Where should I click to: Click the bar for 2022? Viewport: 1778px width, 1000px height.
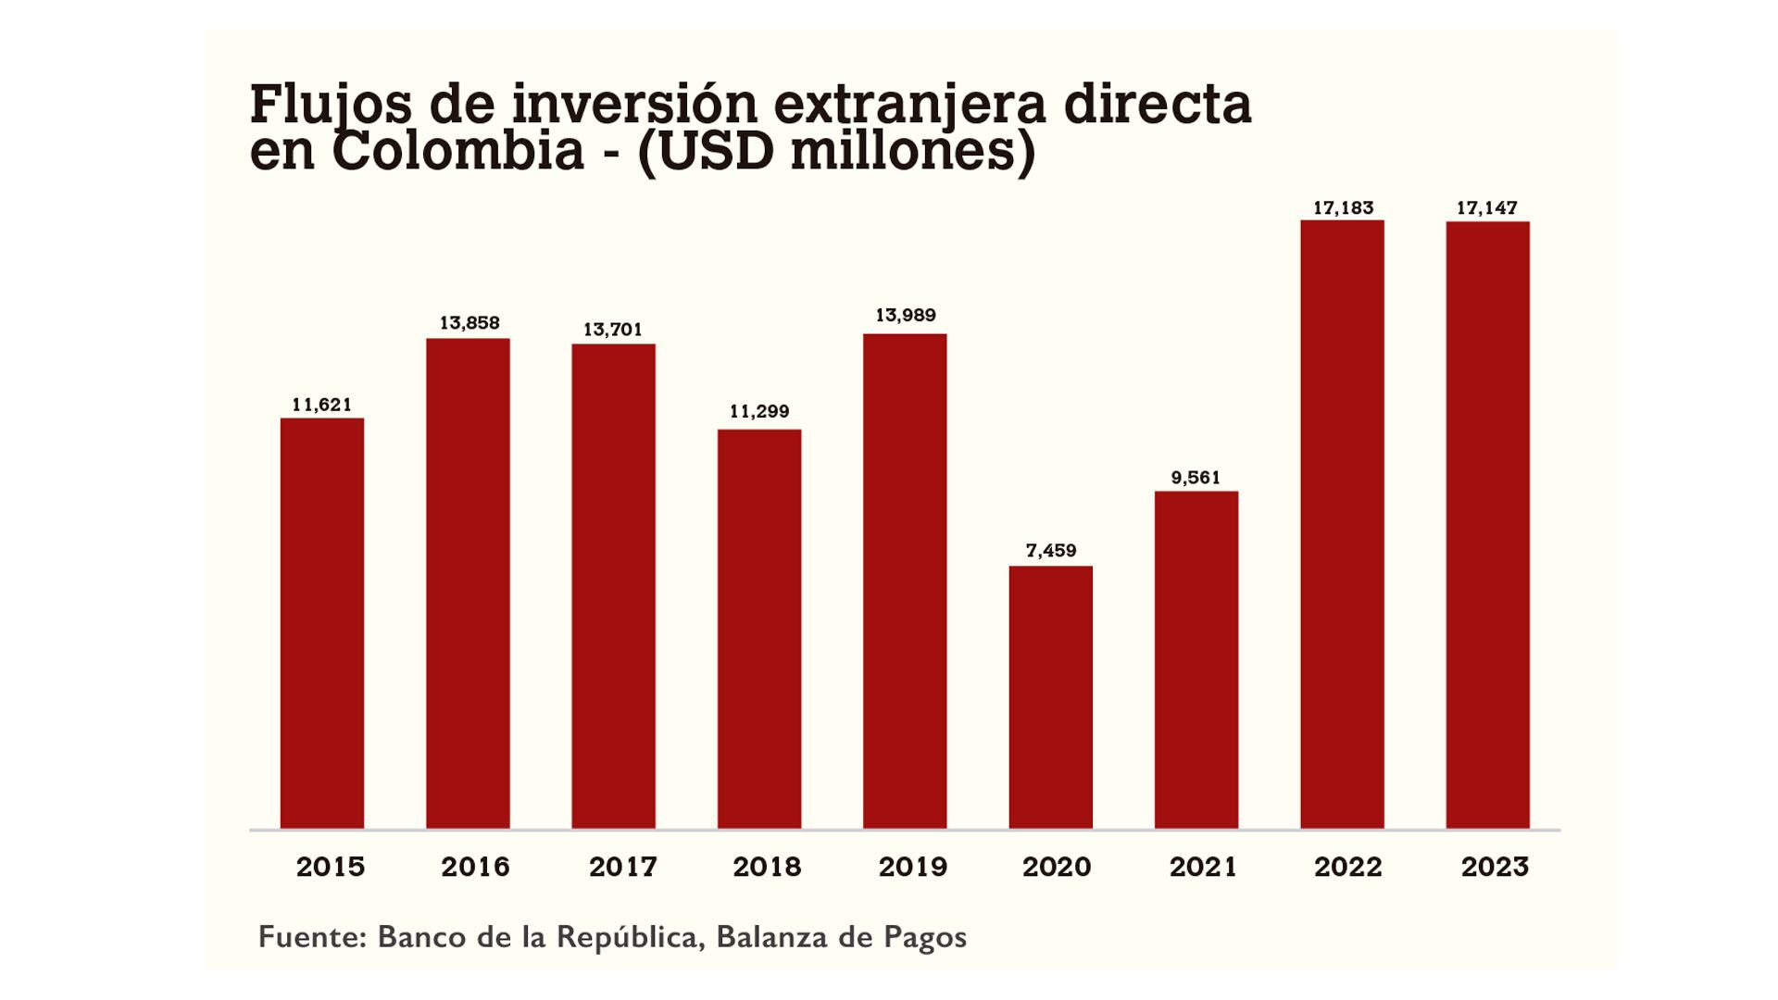coord(1342,523)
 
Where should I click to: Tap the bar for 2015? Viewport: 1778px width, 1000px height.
coord(321,622)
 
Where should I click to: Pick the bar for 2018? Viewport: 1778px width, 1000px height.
coord(759,628)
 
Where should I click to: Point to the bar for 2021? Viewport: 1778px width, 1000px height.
coord(1196,659)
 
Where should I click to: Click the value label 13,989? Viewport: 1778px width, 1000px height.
coord(905,316)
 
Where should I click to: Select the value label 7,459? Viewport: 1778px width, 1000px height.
coord(1050,551)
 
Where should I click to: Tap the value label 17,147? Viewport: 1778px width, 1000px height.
coord(1486,208)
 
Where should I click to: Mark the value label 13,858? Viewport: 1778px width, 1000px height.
coord(469,323)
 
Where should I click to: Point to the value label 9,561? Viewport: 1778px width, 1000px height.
coord(1196,478)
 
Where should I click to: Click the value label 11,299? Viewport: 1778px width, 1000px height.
coord(759,412)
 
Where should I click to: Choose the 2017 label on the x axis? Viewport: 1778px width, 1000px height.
coord(622,868)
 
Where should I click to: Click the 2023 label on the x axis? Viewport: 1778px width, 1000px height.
coord(1495,868)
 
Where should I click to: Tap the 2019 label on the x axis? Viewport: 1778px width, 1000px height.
coord(912,868)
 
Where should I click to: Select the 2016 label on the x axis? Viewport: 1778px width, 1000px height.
coord(475,868)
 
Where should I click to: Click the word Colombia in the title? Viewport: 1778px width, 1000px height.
coord(457,151)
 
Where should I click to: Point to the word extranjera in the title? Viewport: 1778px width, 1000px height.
coord(909,104)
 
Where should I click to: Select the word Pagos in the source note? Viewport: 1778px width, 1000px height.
coord(924,938)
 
